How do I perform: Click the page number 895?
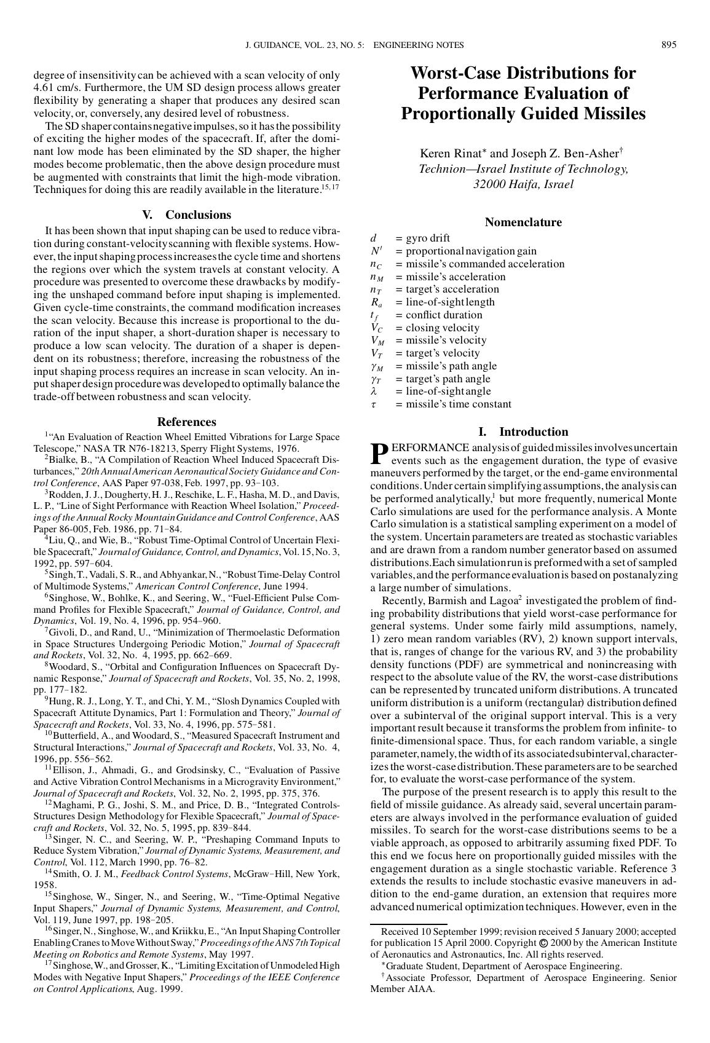669,45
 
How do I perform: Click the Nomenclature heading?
523,222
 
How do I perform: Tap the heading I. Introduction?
523,432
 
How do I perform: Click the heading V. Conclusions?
186,215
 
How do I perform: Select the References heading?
186,422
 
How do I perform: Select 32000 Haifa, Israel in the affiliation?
523,184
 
